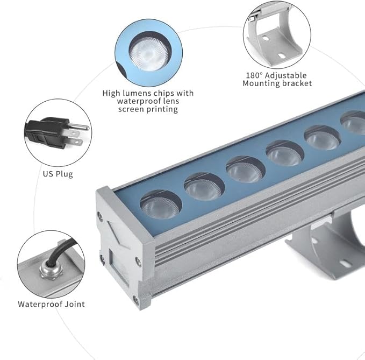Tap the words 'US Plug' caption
58,174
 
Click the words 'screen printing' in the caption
148,109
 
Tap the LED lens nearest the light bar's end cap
161,205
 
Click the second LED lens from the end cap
204,187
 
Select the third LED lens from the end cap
245,170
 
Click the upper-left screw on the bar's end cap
99,217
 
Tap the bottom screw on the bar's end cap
135,300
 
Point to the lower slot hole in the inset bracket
281,56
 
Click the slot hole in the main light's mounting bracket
345,264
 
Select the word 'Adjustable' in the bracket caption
286,76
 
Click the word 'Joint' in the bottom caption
75,305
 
